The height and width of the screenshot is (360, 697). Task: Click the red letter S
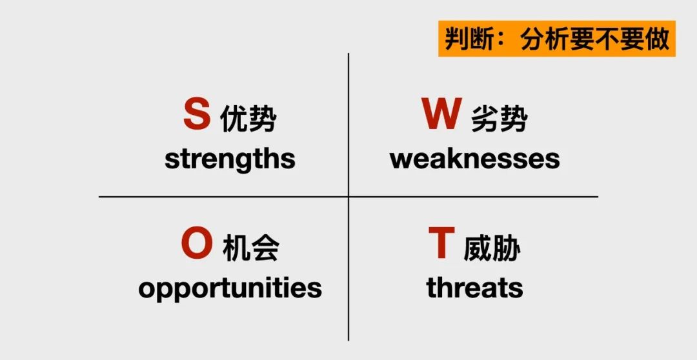(x=196, y=114)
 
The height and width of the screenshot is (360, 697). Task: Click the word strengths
(x=230, y=159)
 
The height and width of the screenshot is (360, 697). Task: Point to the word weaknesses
(x=475, y=159)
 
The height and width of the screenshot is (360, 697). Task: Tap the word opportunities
(x=230, y=288)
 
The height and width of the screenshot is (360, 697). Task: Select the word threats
(x=474, y=287)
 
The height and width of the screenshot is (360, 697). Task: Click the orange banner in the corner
(x=557, y=39)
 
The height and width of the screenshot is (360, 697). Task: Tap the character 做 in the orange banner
(x=657, y=39)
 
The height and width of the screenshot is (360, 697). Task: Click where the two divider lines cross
(x=348, y=196)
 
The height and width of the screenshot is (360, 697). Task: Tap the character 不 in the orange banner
(x=607, y=39)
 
